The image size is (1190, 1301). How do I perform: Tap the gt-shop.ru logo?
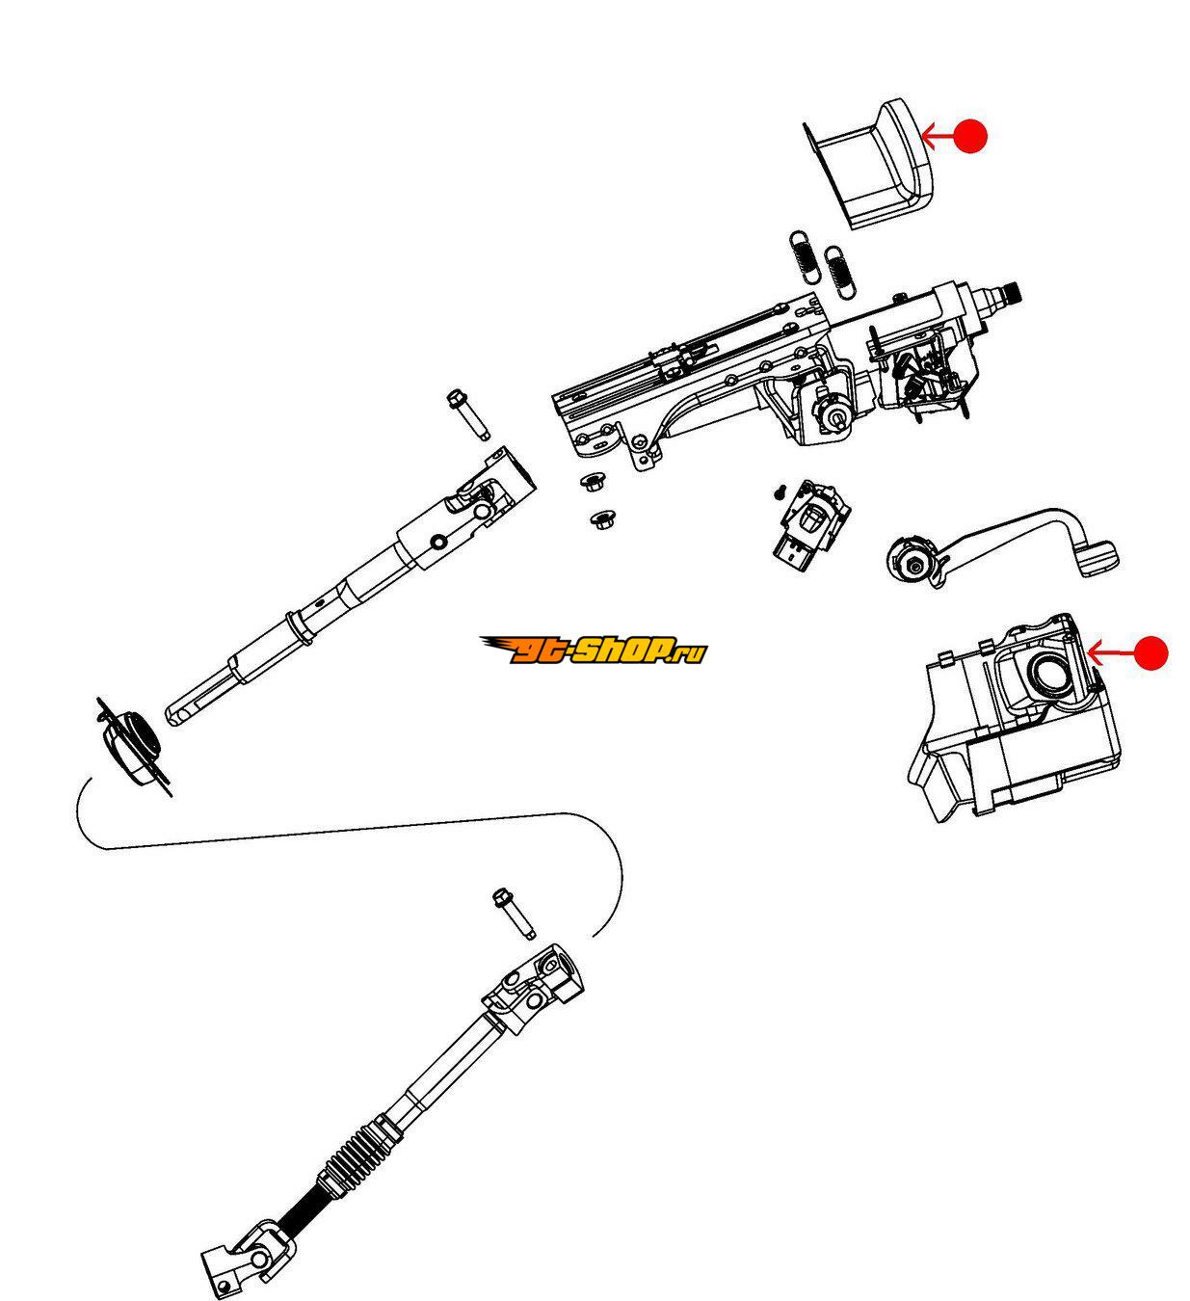click(x=594, y=650)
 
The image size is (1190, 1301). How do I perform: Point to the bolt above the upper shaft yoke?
click(x=467, y=414)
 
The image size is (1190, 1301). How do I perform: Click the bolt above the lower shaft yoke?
click(x=514, y=914)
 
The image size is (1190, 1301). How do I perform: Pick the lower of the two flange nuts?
click(x=602, y=519)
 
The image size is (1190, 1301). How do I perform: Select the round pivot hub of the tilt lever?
click(x=912, y=563)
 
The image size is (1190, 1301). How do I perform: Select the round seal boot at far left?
click(x=132, y=747)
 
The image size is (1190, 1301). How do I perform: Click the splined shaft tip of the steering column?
click(x=1009, y=294)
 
